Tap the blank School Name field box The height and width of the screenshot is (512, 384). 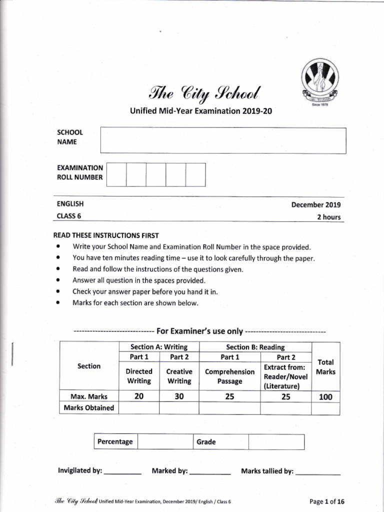click(x=223, y=140)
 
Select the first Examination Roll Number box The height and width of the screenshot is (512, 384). click(x=116, y=174)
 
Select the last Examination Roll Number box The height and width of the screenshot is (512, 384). click(x=195, y=174)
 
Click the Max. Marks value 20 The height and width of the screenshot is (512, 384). click(x=139, y=396)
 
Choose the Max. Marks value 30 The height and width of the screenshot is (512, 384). click(x=179, y=396)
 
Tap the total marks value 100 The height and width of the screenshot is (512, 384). click(x=325, y=397)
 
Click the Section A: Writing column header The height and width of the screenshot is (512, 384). click(x=159, y=347)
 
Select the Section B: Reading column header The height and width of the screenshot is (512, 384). click(x=255, y=347)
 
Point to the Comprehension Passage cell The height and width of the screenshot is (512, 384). click(x=230, y=376)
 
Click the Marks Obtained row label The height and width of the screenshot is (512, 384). click(x=89, y=408)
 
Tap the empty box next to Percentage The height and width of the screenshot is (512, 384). click(x=165, y=442)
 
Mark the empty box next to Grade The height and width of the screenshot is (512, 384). click(x=276, y=442)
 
